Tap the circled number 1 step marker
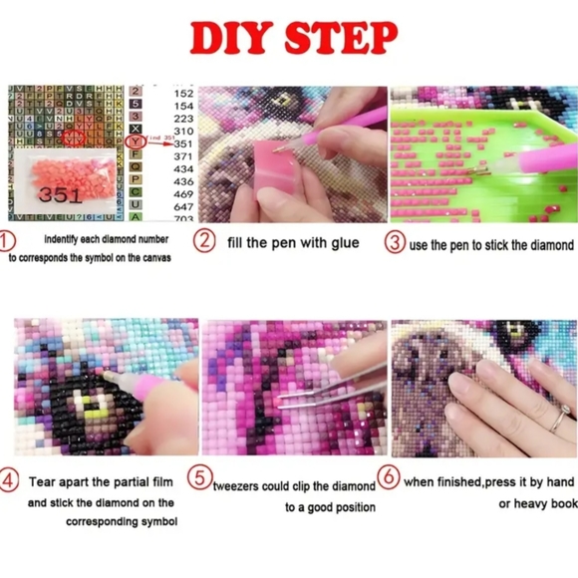9,241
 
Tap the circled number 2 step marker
204,240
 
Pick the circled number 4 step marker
10,480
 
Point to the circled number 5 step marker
200,480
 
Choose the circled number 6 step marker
392,480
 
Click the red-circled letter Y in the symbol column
137,142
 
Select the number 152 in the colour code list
183,92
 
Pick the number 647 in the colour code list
183,206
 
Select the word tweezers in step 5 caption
239,486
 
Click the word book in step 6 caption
557,503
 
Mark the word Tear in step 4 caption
41,480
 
